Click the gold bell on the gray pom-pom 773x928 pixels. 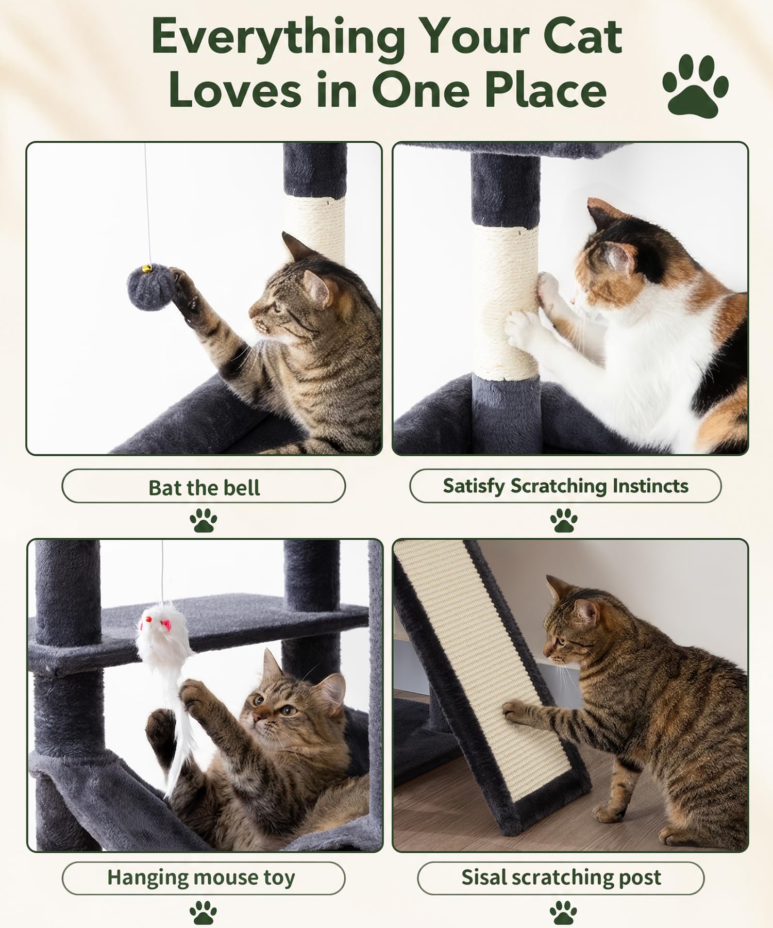tap(147, 268)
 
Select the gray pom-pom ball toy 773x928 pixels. tap(152, 287)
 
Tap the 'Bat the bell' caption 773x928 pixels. tap(204, 487)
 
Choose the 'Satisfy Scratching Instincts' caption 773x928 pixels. tap(565, 486)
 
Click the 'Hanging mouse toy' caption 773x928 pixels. tap(201, 877)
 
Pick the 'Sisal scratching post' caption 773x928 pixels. tap(561, 877)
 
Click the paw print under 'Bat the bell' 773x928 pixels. tap(203, 521)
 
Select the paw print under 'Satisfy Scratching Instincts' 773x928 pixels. tap(564, 521)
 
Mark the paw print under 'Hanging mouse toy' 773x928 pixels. tap(203, 912)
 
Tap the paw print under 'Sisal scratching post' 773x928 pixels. tap(563, 912)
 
